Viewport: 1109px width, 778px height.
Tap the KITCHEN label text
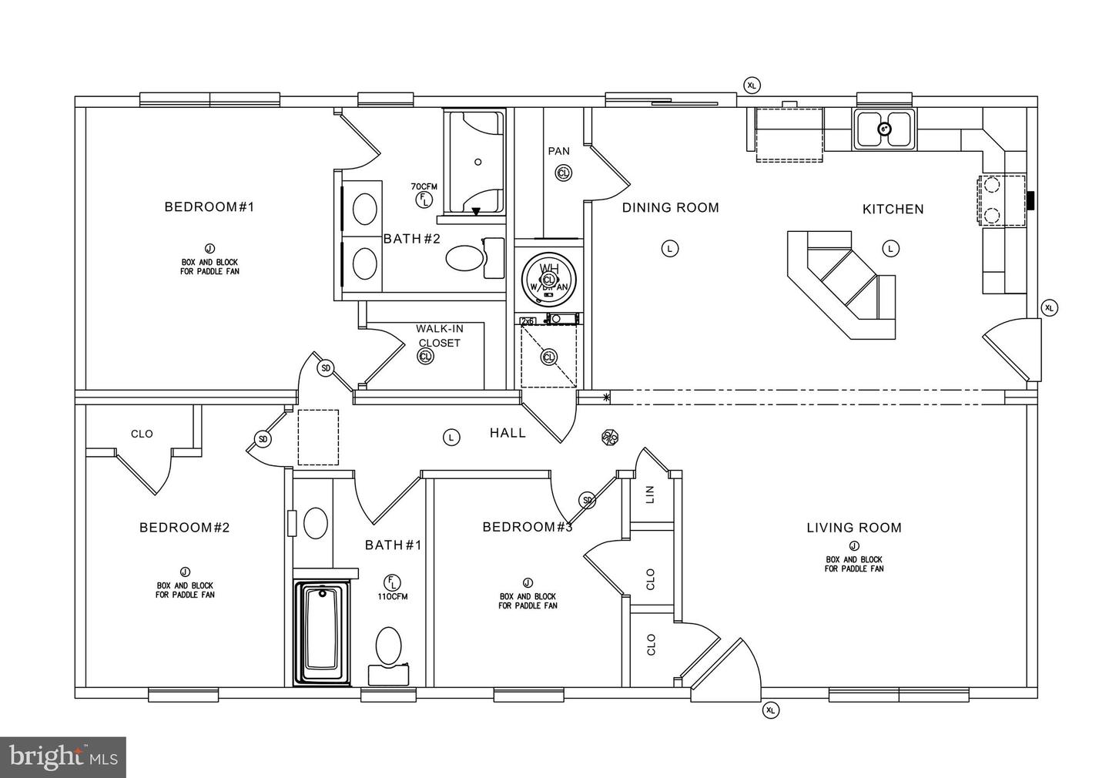[x=893, y=209]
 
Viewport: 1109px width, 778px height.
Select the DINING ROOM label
[x=670, y=207]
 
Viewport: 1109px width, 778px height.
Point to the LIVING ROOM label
[x=853, y=528]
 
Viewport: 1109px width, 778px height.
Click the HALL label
[x=508, y=433]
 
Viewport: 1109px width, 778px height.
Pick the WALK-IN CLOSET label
[x=439, y=336]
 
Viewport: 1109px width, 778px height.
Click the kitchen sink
[x=884, y=129]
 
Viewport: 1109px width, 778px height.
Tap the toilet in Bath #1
[x=389, y=647]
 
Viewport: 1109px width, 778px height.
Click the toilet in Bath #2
[x=464, y=259]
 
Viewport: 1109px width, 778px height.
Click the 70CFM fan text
[x=424, y=186]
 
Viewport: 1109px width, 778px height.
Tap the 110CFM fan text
[x=393, y=596]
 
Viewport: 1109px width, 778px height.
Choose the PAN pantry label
[x=559, y=151]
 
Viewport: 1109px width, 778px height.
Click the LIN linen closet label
[x=649, y=494]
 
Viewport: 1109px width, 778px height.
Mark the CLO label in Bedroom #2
[x=142, y=434]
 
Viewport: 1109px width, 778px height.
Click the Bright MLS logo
[x=63, y=757]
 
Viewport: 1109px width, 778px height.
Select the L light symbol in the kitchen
[x=890, y=248]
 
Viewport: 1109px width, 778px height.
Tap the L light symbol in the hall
[x=451, y=438]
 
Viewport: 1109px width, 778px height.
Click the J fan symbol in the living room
[x=854, y=546]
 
